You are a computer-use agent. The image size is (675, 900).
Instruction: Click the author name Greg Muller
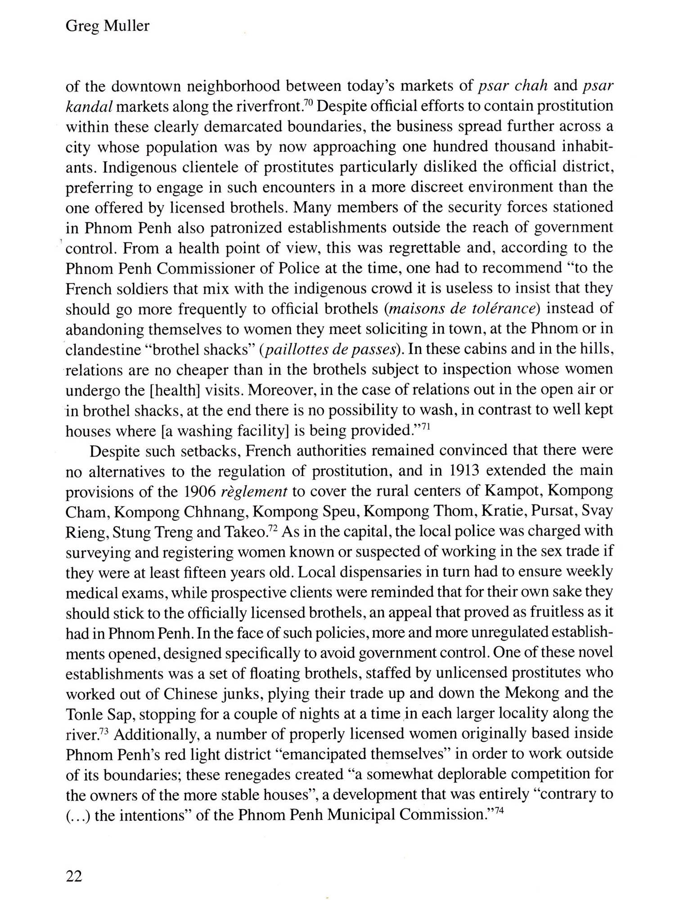[x=108, y=26]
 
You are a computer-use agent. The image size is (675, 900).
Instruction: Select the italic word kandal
[x=88, y=106]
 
